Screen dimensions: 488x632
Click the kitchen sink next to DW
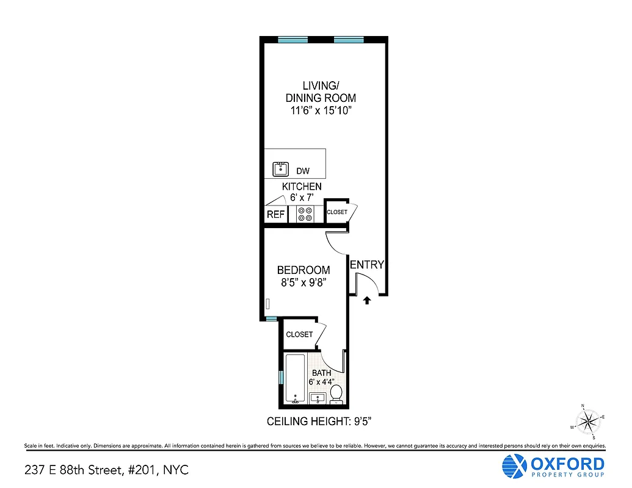coord(281,169)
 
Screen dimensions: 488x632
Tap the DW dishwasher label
coord(303,171)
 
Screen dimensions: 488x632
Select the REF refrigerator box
coord(275,214)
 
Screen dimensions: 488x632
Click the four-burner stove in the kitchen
coord(304,214)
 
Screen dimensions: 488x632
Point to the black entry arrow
coord(367,300)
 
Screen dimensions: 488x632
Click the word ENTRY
coord(367,265)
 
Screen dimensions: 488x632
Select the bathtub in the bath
coord(296,378)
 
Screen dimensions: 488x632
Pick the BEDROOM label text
coord(303,270)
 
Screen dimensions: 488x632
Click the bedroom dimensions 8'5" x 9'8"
coord(303,282)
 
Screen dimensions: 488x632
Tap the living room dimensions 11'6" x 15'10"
coord(321,110)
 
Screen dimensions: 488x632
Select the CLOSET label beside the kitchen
coord(336,212)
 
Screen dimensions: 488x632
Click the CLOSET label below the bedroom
coord(299,334)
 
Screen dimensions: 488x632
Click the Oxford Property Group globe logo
coord(513,467)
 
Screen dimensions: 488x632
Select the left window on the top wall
coord(292,40)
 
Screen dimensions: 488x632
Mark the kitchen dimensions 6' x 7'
coord(302,198)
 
